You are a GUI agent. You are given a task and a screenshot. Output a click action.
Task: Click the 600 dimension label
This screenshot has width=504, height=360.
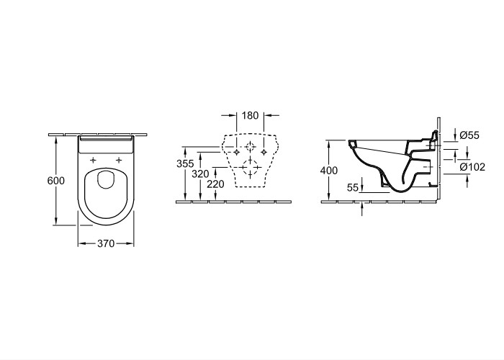(x=56, y=181)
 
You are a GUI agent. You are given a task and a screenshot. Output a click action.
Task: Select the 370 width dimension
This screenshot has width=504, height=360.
(x=106, y=243)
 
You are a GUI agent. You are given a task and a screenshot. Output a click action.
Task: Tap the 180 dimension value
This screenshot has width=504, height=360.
(x=250, y=115)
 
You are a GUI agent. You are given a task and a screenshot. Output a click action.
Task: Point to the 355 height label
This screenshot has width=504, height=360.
(x=185, y=163)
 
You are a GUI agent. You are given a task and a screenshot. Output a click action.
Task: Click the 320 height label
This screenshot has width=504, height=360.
(x=200, y=174)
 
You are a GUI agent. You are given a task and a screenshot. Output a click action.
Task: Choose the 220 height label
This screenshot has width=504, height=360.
(x=215, y=184)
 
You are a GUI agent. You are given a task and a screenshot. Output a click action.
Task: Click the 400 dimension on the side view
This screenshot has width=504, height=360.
(x=329, y=171)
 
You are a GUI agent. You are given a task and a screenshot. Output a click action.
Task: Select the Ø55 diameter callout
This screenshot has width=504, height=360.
(x=469, y=135)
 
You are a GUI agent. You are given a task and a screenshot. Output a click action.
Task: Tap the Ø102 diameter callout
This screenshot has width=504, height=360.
(x=472, y=167)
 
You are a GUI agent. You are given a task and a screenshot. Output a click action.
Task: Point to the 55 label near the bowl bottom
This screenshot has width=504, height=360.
(x=353, y=187)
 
